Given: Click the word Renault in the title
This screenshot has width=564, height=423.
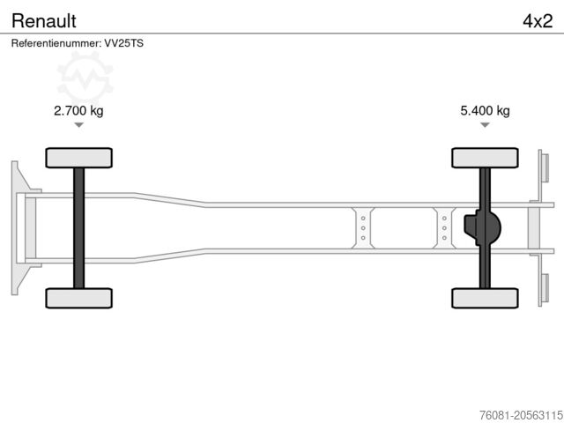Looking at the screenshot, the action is click(44, 21).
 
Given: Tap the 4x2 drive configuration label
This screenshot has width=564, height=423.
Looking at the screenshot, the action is click(538, 21).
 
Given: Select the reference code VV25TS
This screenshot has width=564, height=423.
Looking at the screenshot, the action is click(123, 43).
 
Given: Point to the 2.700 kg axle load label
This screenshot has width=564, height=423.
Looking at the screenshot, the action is click(78, 110).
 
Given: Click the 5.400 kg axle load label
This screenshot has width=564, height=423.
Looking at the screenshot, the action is click(485, 110).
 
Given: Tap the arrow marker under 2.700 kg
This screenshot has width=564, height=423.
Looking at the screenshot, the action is click(78, 125).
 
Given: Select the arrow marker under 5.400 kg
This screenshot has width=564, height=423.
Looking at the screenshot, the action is click(485, 125).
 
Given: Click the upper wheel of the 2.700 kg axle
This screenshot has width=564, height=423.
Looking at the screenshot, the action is click(78, 158).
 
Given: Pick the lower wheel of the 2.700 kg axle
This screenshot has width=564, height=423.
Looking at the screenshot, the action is click(78, 298).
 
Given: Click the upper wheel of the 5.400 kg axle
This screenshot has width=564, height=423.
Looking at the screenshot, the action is click(485, 158).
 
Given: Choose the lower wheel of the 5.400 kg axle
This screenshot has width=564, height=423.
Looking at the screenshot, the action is click(485, 298).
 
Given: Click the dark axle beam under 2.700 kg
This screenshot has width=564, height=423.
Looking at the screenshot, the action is click(78, 228).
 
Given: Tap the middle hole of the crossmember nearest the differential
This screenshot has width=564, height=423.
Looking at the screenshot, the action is click(444, 228).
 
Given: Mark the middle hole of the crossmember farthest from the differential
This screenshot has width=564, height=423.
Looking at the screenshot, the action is click(363, 228).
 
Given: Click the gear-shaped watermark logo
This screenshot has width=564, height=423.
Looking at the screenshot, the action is click(85, 78).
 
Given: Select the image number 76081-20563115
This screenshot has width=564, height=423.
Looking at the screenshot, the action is click(521, 415).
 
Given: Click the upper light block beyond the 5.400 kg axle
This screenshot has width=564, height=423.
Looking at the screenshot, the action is click(544, 167).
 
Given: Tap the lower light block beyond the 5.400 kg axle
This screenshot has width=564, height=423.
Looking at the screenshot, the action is click(544, 289).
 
